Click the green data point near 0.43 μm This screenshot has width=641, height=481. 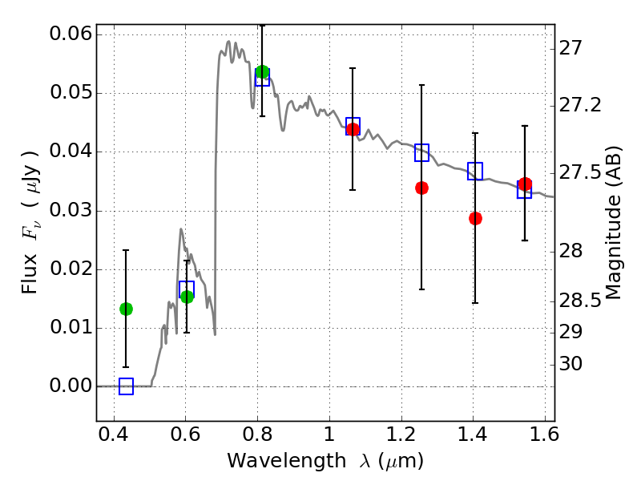point(126,309)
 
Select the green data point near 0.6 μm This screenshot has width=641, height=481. point(187,297)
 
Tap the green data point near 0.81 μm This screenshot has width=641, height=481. point(262,72)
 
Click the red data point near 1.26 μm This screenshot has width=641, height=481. point(421,188)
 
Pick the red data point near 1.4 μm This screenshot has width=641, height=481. point(475,218)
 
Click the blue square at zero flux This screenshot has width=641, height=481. point(126,386)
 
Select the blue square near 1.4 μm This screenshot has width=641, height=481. point(475,171)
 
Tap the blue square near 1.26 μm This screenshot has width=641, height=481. point(421,152)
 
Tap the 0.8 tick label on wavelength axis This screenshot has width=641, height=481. point(257,439)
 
